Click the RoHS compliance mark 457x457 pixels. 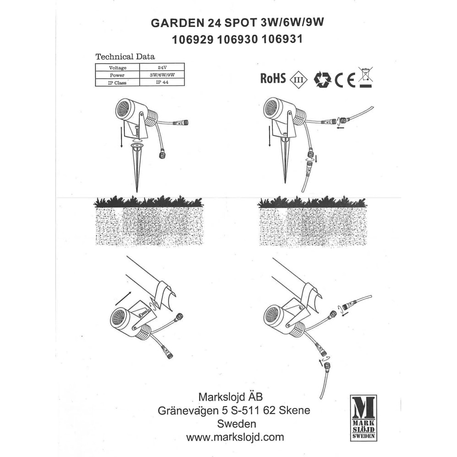coord(273,78)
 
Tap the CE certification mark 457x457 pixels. coord(345,80)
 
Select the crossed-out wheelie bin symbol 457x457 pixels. coord(366,77)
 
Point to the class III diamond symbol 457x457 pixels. coord(298,80)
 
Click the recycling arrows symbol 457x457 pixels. coord(322,79)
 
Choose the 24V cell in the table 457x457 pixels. coord(162,67)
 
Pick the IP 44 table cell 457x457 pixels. coord(162,82)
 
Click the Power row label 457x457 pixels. coord(117,75)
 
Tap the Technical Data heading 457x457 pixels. coord(125,57)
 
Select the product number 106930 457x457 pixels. coord(237,39)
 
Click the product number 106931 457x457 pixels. coord(282,39)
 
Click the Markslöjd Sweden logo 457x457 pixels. coord(363,418)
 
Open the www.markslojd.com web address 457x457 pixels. coord(235,437)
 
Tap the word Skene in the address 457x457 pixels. coord(294,410)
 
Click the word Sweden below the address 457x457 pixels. coord(236,424)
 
